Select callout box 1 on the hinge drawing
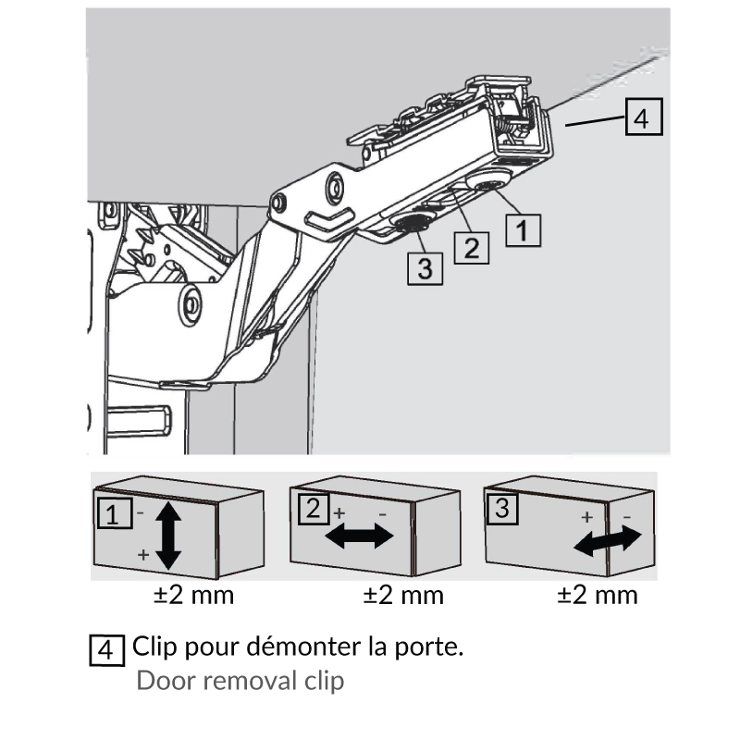[x=523, y=228]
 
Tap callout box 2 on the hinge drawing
[x=471, y=247]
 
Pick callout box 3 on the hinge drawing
[x=425, y=268]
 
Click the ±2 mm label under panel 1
[x=193, y=594]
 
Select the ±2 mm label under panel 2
[x=403, y=594]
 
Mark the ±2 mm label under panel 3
[x=598, y=594]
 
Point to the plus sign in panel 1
[x=142, y=555]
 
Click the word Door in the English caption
[x=160, y=682]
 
